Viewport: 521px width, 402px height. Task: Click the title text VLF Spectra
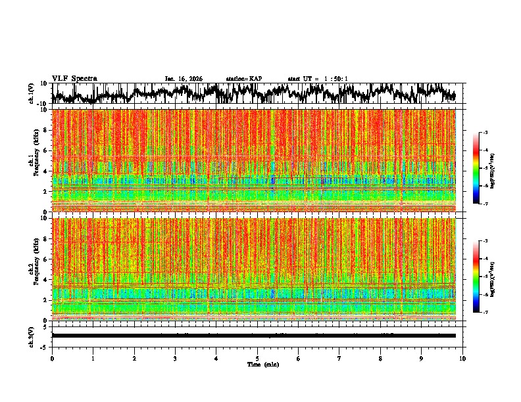pyautogui.click(x=74, y=78)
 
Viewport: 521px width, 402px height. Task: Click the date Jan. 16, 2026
pyautogui.click(x=184, y=79)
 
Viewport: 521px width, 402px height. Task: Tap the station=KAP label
pyautogui.click(x=243, y=79)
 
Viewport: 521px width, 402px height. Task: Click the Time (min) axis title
pyautogui.click(x=262, y=364)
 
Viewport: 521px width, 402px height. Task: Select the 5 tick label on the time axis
pyautogui.click(x=257, y=358)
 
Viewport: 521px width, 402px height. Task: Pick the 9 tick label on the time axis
pyautogui.click(x=422, y=358)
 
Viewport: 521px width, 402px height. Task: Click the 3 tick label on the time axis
pyautogui.click(x=175, y=358)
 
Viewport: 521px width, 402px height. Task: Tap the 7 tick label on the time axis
pyautogui.click(x=339, y=358)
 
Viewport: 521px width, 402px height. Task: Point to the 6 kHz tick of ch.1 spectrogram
pyautogui.click(x=45, y=150)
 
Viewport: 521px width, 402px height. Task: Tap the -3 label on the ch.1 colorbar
pyautogui.click(x=492, y=133)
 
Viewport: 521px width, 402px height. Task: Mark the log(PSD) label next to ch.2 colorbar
pyautogui.click(x=501, y=277)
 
